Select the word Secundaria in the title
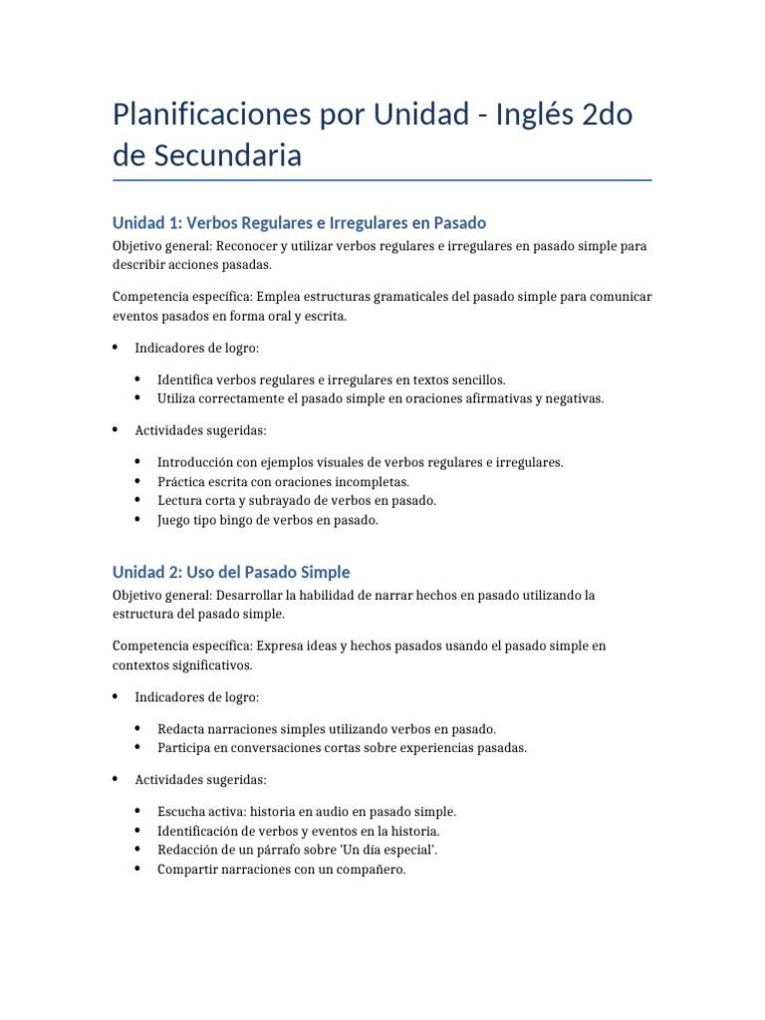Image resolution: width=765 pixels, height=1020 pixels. coord(225,156)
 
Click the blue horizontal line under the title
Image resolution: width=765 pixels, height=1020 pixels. coord(382,180)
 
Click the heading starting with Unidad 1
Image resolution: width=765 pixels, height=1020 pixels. coord(299,222)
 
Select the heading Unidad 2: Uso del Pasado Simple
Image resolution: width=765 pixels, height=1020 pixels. coord(231,572)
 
